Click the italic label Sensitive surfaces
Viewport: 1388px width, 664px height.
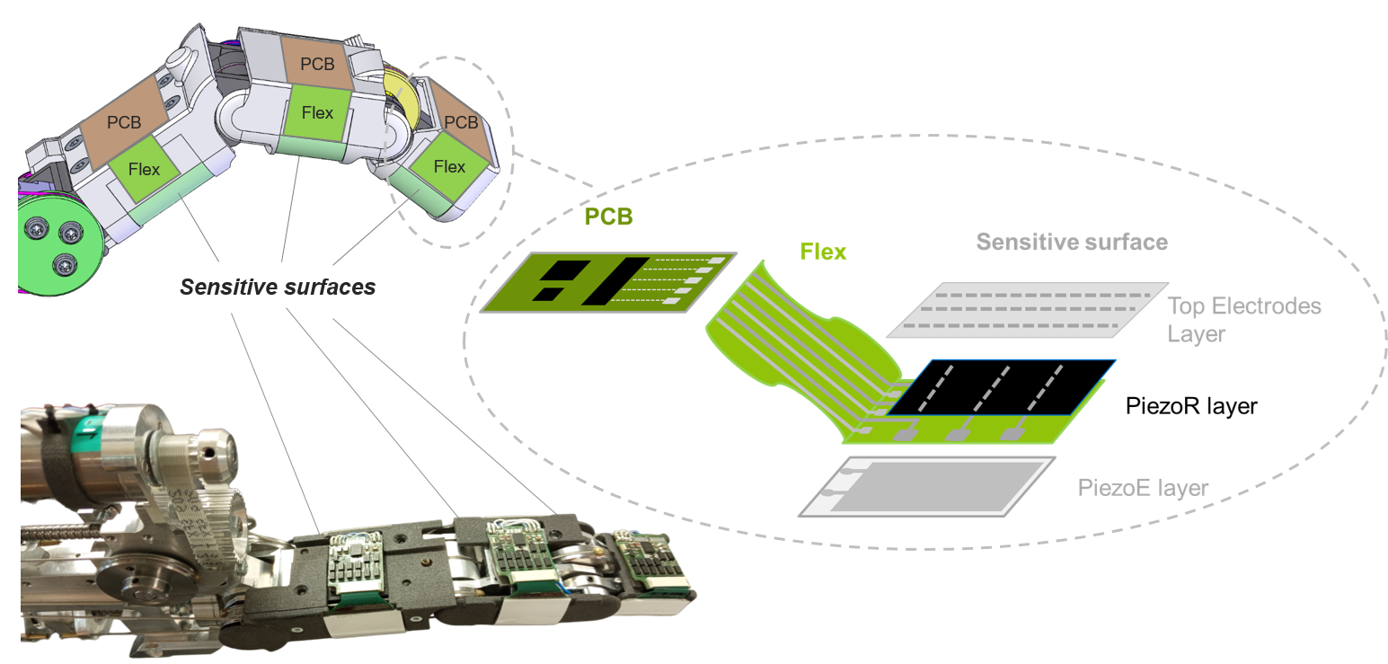coord(278,288)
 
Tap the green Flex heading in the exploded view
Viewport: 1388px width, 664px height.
coord(823,252)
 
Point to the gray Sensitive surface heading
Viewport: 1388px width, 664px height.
coord(1072,242)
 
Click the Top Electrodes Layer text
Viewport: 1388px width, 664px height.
coord(1243,320)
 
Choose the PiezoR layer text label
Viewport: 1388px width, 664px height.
coord(1190,406)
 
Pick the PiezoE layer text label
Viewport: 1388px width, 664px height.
coord(1143,489)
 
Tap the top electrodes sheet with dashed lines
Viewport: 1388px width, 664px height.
coord(1023,310)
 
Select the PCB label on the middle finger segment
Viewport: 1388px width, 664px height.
coord(317,65)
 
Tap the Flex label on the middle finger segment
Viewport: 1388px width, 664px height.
coord(317,113)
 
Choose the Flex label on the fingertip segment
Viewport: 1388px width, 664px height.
coord(449,167)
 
